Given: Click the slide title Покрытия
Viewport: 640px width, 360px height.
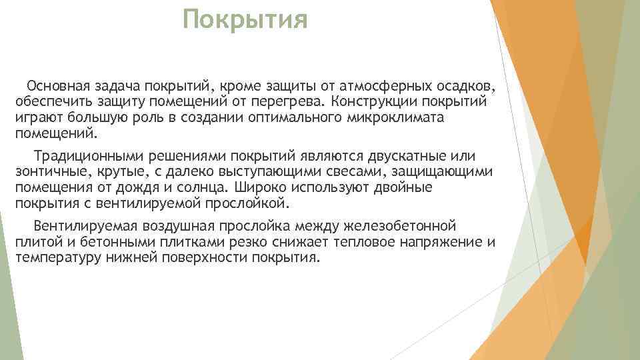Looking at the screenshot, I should point(246,20).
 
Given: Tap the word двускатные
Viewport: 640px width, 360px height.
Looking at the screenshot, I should point(390,157).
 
